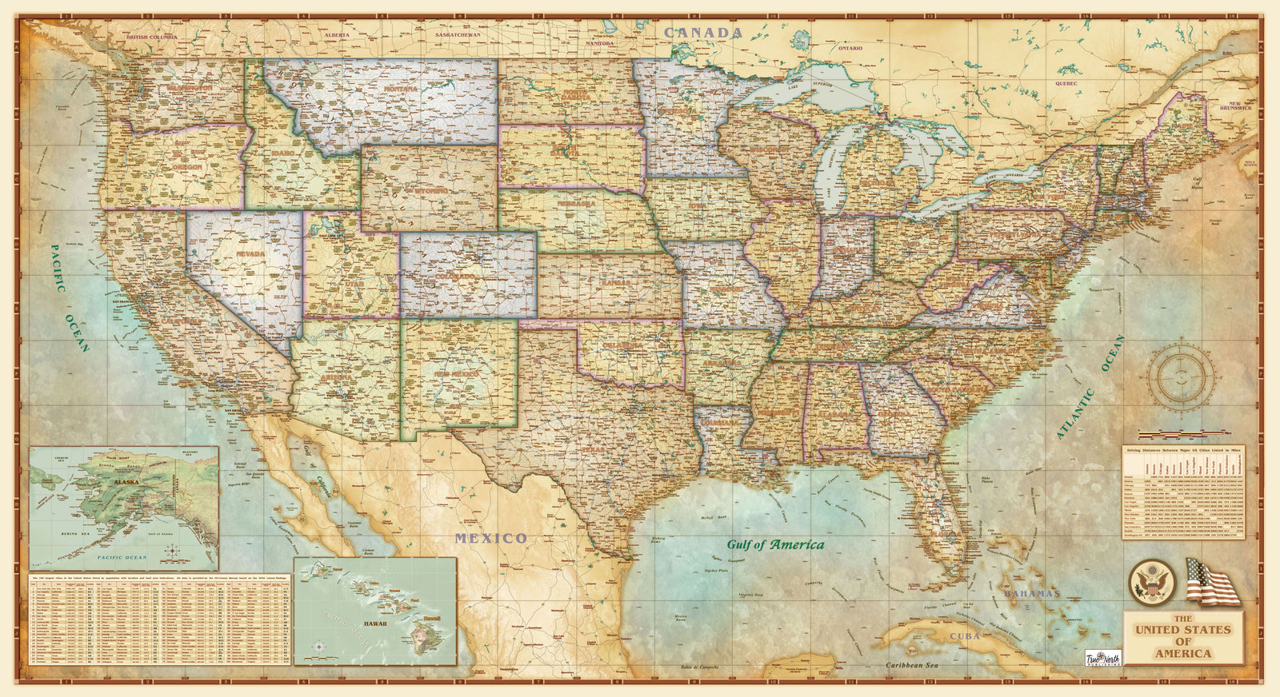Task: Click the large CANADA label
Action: pyautogui.click(x=704, y=33)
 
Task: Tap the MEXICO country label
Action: pyautogui.click(x=491, y=538)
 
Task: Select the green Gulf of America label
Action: pyautogui.click(x=774, y=544)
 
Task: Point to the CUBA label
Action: pyautogui.click(x=965, y=637)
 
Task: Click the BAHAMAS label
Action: pyautogui.click(x=1032, y=594)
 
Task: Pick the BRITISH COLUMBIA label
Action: pyautogui.click(x=155, y=37)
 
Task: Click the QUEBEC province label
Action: pyautogui.click(x=1066, y=83)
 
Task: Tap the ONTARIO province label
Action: pyautogui.click(x=850, y=48)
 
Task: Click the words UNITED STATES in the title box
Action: pyautogui.click(x=1183, y=630)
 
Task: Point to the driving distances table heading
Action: pyautogui.click(x=1188, y=451)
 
